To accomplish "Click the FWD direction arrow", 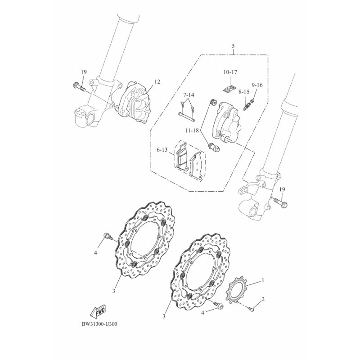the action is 98,311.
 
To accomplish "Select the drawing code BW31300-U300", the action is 99,324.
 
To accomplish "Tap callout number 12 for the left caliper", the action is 157,82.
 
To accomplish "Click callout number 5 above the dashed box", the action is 233,46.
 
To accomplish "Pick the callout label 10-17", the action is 230,72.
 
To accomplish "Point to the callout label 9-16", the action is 257,85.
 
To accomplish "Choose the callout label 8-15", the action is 243,92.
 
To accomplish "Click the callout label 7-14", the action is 189,95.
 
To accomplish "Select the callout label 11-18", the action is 192,130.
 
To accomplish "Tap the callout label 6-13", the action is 162,150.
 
